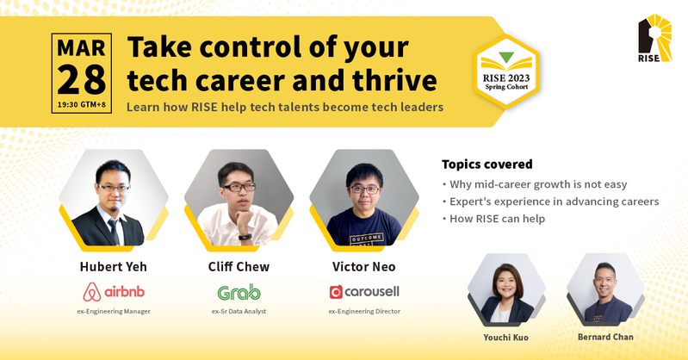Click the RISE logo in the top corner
[654, 38]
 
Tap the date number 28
[82, 80]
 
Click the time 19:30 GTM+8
[82, 105]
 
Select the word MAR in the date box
[82, 48]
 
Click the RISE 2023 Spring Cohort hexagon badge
[506, 71]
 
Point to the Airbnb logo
[114, 292]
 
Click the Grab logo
[239, 292]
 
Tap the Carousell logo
[364, 292]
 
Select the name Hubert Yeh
[113, 266]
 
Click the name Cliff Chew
[239, 266]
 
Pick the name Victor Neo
[363, 266]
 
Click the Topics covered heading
[487, 164]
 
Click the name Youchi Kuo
[506, 337]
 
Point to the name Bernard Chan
[605, 337]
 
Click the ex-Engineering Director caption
[364, 311]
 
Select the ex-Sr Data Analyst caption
[239, 311]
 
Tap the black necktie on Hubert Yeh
[114, 231]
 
